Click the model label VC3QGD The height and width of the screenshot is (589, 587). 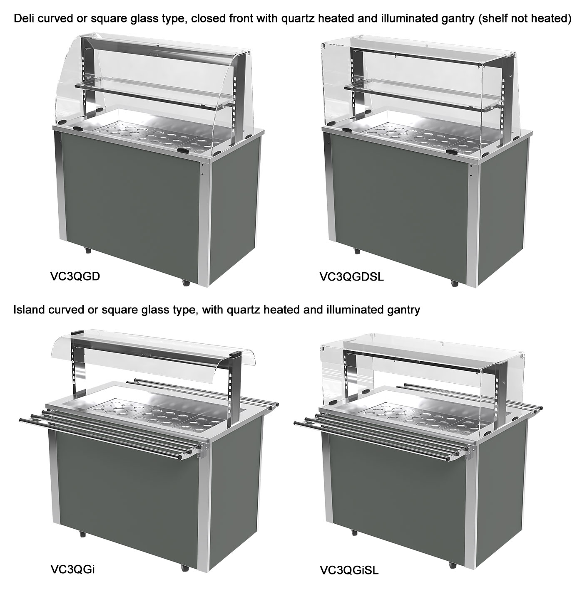pos(75,276)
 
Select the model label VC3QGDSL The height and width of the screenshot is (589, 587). pos(351,276)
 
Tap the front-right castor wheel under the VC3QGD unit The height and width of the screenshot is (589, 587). pos(185,283)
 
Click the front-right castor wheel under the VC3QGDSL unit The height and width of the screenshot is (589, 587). pos(455,283)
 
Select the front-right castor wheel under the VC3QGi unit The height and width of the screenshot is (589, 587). pos(185,568)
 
